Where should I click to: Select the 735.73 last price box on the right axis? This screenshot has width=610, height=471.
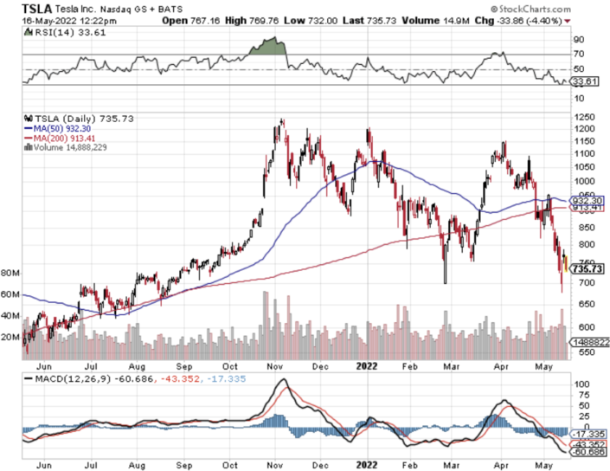click(587, 269)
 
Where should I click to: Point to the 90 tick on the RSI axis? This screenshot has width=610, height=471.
click(576, 40)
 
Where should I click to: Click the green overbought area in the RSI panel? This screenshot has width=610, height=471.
click(267, 47)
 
